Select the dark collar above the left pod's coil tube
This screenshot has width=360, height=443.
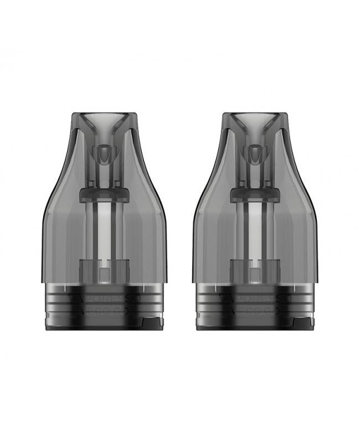pyautogui.click(x=104, y=193)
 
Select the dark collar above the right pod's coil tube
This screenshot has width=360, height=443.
pyautogui.click(x=256, y=193)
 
